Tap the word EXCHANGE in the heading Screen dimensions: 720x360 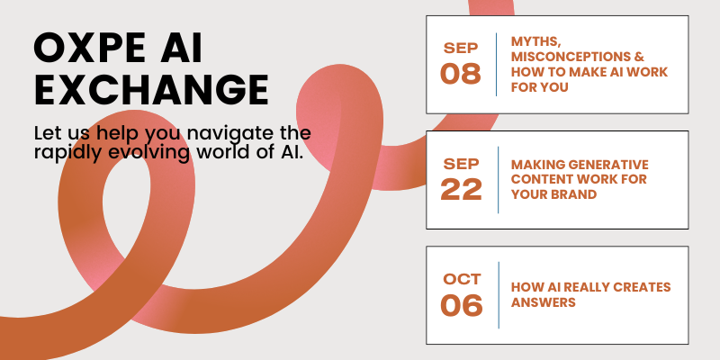pyautogui.click(x=151, y=90)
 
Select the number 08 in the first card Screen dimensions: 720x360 pyautogui.click(x=461, y=74)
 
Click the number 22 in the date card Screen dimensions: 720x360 pyautogui.click(x=461, y=190)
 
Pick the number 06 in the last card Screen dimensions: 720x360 pyautogui.click(x=462, y=306)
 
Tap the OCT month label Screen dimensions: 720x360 pyautogui.click(x=462, y=279)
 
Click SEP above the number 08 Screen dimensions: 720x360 pyautogui.click(x=461, y=48)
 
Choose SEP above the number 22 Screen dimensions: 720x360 pyautogui.click(x=461, y=163)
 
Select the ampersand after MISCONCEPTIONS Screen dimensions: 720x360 pyautogui.click(x=639, y=57)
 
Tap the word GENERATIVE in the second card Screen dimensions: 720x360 pyautogui.click(x=608, y=165)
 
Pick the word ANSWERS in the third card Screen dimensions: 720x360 pyautogui.click(x=544, y=302)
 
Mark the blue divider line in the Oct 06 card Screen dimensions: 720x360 pyautogui.click(x=499, y=295)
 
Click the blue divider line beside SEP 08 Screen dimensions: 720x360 pyautogui.click(x=497, y=64)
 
